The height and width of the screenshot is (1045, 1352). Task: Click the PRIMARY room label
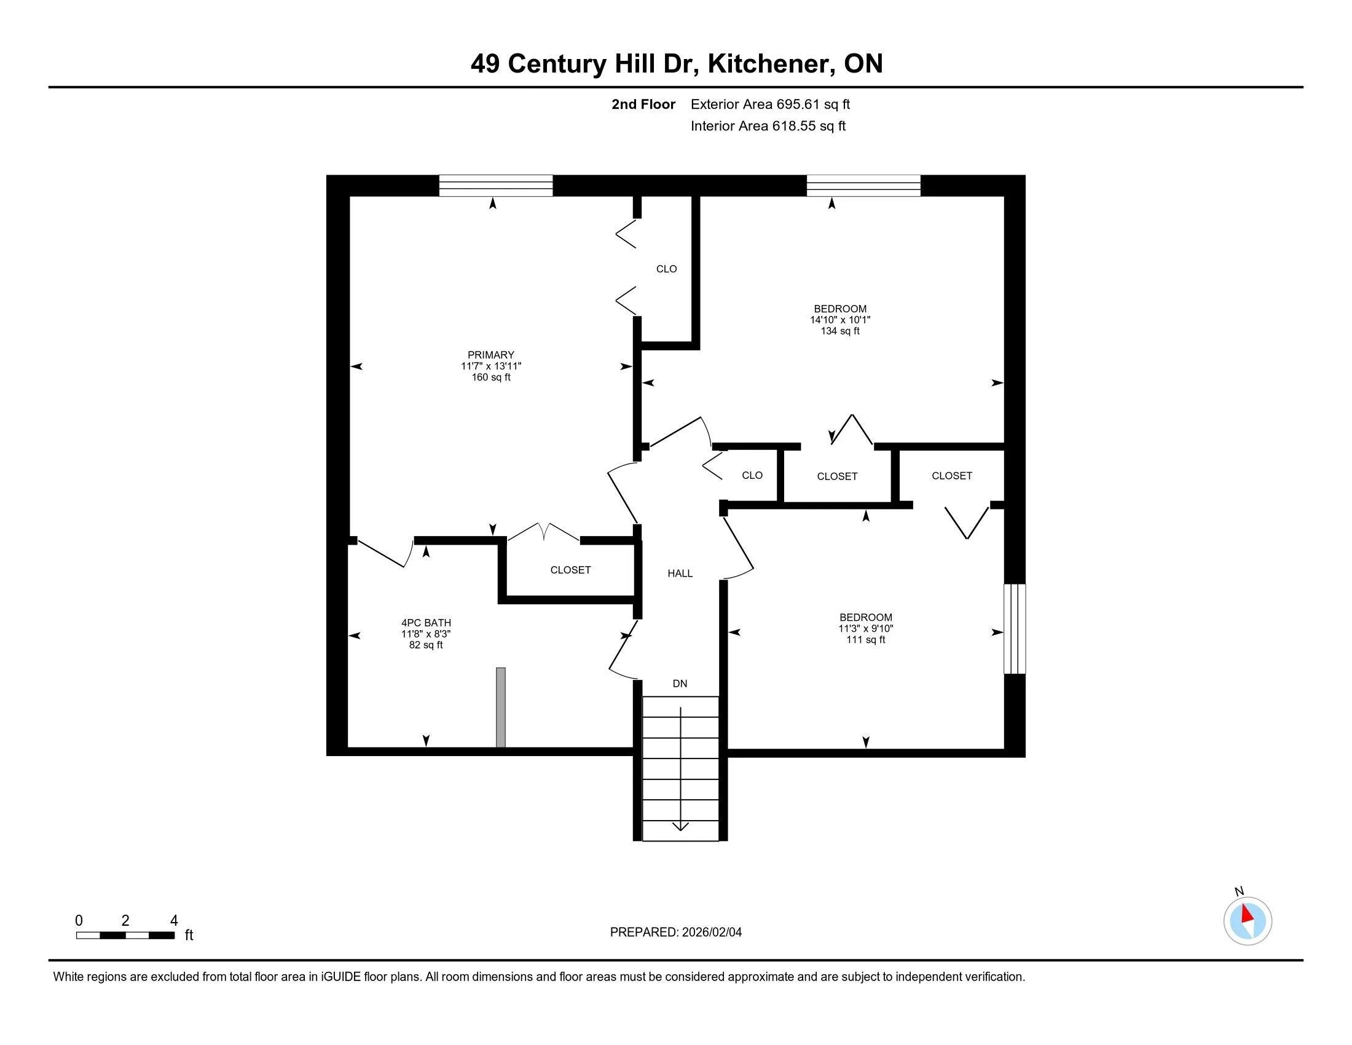pos(490,355)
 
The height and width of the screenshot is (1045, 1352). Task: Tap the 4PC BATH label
pos(426,623)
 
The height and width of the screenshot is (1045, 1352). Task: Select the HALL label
pos(680,574)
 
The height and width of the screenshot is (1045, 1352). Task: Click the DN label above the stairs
pos(680,684)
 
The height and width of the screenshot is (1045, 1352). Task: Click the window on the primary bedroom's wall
pos(495,186)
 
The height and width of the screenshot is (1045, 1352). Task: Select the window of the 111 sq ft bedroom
pos(1014,628)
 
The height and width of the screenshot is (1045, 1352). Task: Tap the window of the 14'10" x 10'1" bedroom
pos(863,186)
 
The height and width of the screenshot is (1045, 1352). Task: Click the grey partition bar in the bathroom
pos(501,707)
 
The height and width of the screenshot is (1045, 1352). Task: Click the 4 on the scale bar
pos(174,921)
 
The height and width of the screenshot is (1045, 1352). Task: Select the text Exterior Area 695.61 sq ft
pos(770,104)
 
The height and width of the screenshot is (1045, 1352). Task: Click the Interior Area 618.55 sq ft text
pos(768,126)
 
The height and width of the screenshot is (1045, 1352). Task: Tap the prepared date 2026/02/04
pos(711,933)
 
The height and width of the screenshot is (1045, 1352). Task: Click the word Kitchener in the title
pos(767,64)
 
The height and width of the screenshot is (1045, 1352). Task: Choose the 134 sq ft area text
pos(840,331)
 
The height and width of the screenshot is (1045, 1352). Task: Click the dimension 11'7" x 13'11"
pos(490,366)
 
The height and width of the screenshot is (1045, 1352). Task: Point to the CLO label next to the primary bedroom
pos(666,269)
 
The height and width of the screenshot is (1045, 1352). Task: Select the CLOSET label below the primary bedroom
pos(570,570)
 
